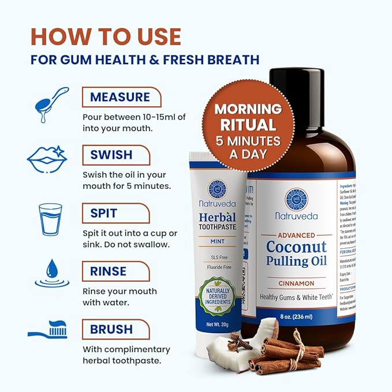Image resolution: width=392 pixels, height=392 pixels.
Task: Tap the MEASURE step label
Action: pyautogui.click(x=120, y=96)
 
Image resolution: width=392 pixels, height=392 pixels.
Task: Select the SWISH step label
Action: pyautogui.click(x=111, y=155)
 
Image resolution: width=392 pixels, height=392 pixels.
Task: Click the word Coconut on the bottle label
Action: pyautogui.click(x=296, y=248)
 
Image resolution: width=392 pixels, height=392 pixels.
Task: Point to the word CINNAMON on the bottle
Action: pyautogui.click(x=296, y=283)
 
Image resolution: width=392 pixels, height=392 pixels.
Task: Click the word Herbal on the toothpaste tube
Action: pyautogui.click(x=218, y=218)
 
